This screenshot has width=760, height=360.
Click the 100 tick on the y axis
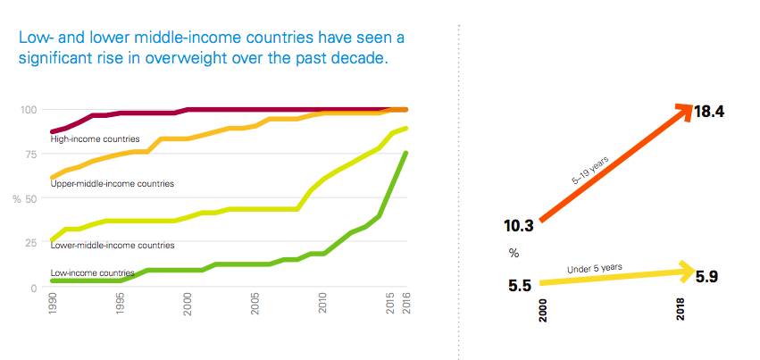[x=29, y=110]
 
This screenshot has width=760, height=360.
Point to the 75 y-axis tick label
[x=31, y=154]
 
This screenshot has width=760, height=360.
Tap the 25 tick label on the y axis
[x=31, y=242]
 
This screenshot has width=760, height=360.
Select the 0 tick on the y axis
[x=33, y=288]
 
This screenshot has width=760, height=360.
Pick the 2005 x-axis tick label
[x=255, y=304]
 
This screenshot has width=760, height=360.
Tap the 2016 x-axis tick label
[x=405, y=304]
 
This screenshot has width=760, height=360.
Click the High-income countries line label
[x=95, y=139]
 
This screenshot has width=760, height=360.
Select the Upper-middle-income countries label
[x=112, y=184]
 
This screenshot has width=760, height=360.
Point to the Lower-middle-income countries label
[x=112, y=246]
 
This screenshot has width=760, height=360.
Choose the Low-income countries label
[x=92, y=272]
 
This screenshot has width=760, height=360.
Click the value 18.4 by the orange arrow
[x=709, y=112]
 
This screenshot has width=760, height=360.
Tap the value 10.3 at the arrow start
[x=519, y=226]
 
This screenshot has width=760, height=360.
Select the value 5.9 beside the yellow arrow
[x=706, y=277]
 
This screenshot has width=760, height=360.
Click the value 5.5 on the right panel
[x=520, y=286]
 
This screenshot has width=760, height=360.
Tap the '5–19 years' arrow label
[x=590, y=171]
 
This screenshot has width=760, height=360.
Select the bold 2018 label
[x=681, y=309]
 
